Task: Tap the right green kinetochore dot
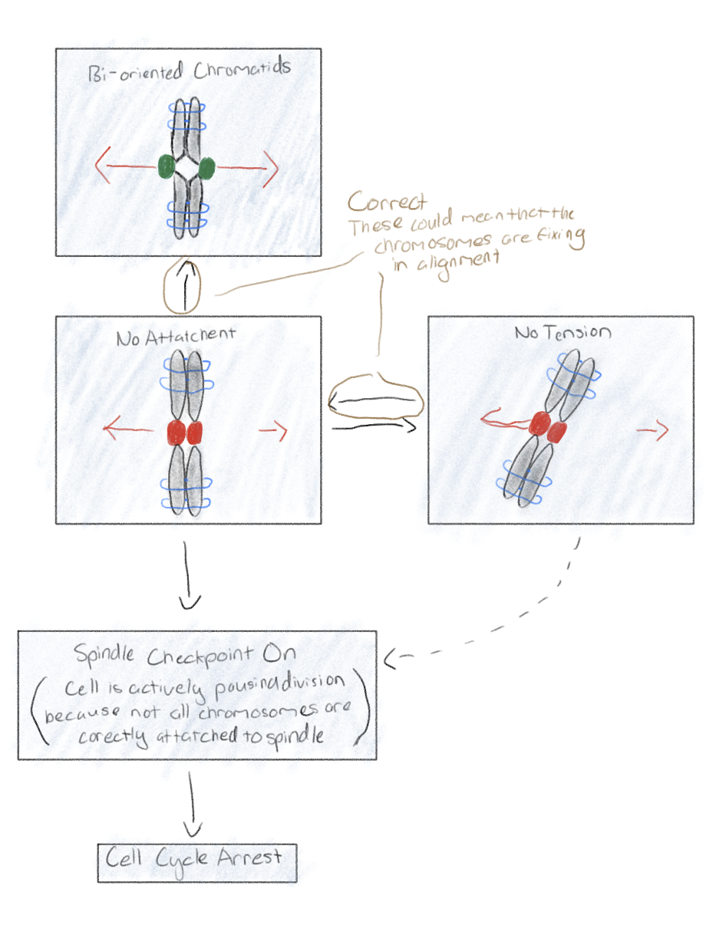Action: tap(206, 166)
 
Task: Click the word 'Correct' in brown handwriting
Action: tap(387, 202)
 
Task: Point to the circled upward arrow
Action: tap(182, 287)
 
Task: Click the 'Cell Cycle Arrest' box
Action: tap(196, 862)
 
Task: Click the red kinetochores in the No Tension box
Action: tap(547, 426)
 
